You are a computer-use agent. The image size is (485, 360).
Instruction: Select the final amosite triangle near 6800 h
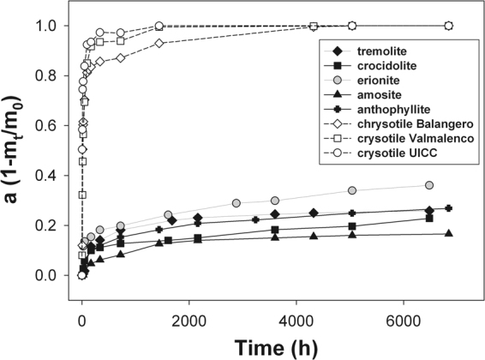(x=448, y=234)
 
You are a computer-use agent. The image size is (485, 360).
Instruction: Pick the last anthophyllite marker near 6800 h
(x=448, y=208)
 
